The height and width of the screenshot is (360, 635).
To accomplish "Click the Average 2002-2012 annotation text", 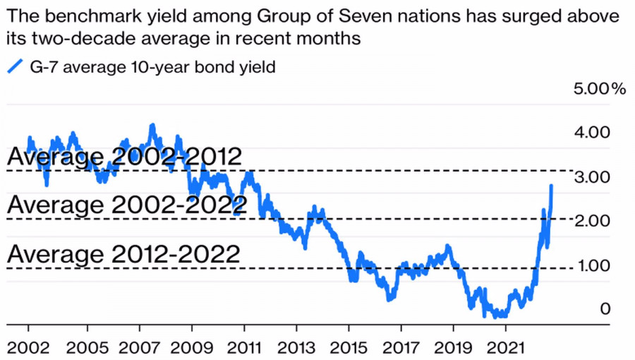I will point(124,157).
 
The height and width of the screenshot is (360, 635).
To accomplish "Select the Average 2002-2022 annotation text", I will point(127,205).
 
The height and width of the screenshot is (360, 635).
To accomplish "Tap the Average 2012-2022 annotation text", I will point(124,253).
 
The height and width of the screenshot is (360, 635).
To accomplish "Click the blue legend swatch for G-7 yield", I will point(15,68).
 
